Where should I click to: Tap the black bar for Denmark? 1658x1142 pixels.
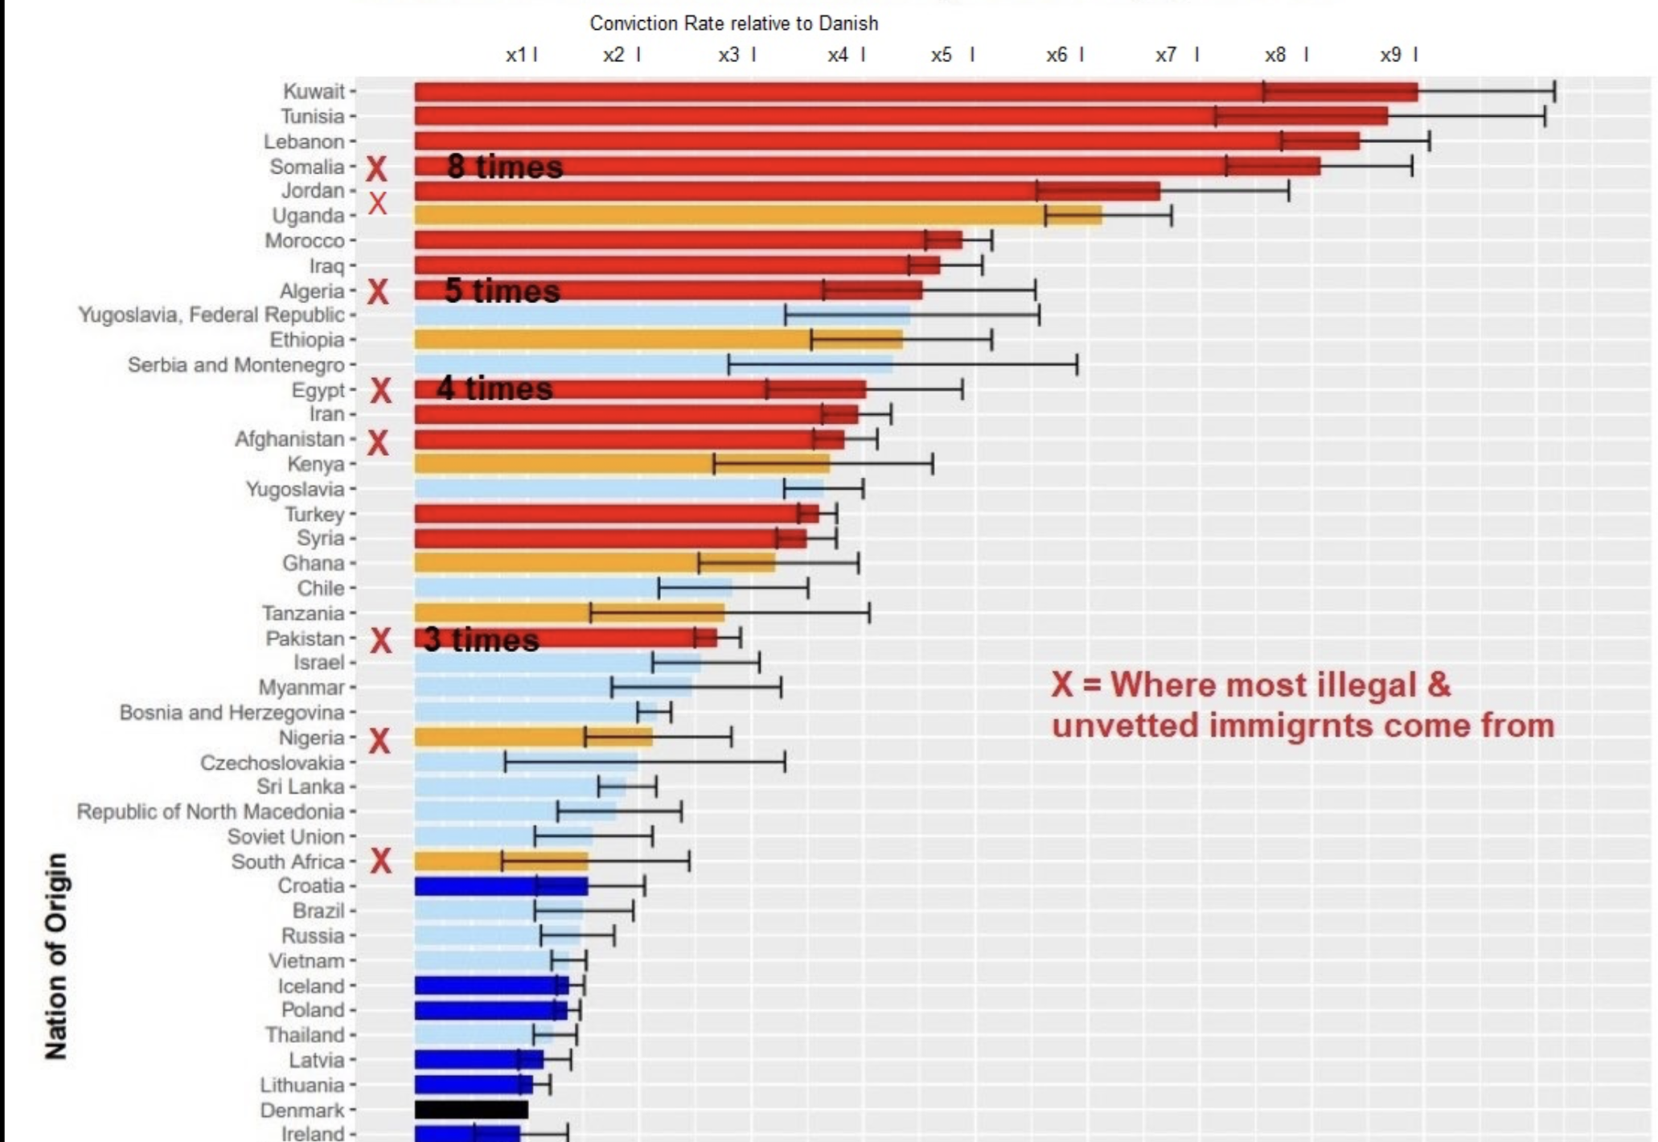[471, 1110]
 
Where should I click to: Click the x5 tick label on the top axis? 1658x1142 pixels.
[942, 55]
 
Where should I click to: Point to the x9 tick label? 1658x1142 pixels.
[1391, 55]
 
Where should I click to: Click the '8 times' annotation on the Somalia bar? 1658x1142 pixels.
[505, 166]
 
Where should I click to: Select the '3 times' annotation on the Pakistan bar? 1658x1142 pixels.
[481, 639]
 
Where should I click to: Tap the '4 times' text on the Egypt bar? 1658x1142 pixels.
[495, 388]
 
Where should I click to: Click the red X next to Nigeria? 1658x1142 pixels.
[380, 740]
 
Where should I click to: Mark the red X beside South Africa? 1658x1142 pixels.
[380, 861]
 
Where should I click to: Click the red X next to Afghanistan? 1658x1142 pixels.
[378, 442]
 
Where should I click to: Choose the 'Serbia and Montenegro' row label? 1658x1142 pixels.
[236, 365]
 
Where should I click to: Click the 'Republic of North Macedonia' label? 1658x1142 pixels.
[210, 811]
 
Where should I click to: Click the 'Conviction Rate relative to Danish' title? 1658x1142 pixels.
[733, 23]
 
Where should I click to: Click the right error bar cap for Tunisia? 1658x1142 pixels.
[1544, 117]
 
